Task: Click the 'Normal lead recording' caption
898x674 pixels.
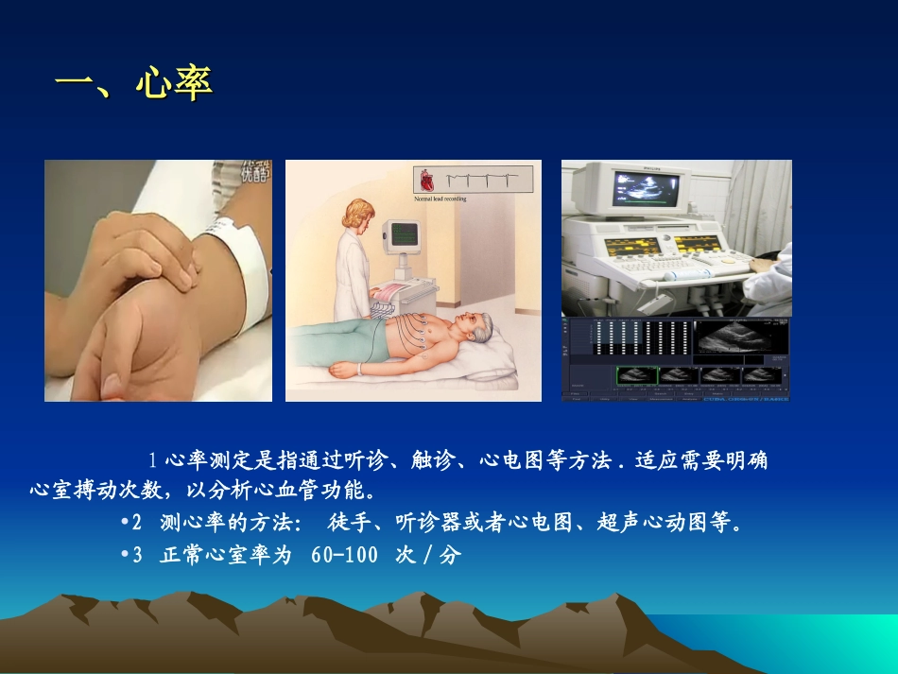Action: (x=440, y=199)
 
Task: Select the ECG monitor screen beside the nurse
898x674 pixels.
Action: (x=405, y=232)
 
